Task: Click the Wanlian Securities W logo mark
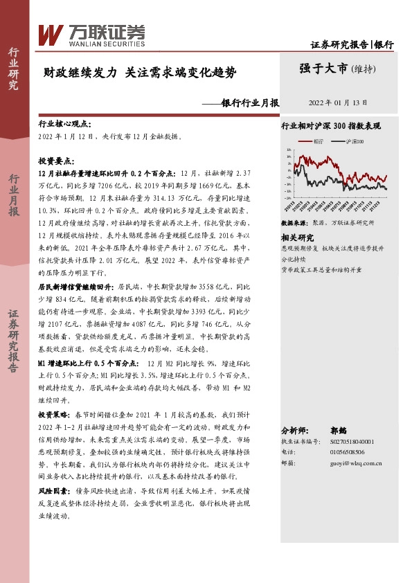[51, 34]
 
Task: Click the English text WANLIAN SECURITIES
[105, 42]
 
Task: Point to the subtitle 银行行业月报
[249, 103]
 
